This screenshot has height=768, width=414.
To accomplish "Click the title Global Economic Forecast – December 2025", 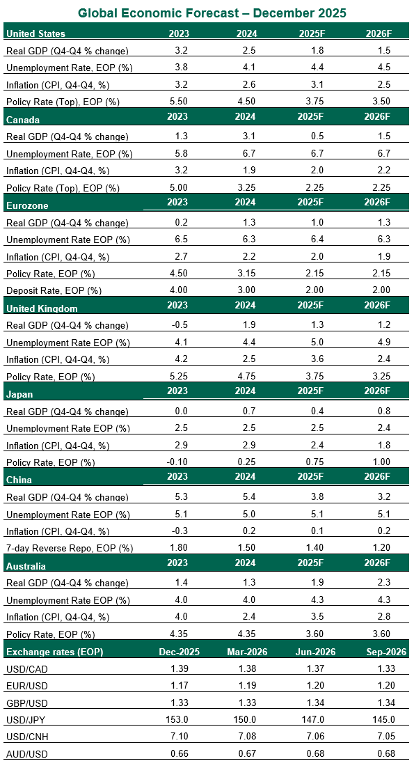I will click(x=212, y=13).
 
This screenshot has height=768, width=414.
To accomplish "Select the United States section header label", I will click(x=35, y=33).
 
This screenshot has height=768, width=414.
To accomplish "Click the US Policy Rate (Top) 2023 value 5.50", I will click(x=179, y=102).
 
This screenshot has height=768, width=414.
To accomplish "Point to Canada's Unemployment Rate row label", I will click(x=68, y=154).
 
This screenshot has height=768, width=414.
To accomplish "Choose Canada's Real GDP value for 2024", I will click(x=246, y=136).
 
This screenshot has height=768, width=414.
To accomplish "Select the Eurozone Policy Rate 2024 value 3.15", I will click(x=246, y=274).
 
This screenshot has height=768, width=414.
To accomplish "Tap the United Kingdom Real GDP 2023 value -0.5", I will click(x=179, y=325).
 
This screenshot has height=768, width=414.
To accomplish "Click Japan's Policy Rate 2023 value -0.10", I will click(x=179, y=462).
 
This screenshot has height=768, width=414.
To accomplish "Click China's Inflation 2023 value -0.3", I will click(x=179, y=531).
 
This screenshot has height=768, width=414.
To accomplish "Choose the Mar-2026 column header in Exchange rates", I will click(x=246, y=652).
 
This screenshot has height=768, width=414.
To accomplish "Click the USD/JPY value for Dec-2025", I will click(x=179, y=720).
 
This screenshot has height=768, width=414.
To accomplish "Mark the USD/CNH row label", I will click(x=25, y=737).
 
